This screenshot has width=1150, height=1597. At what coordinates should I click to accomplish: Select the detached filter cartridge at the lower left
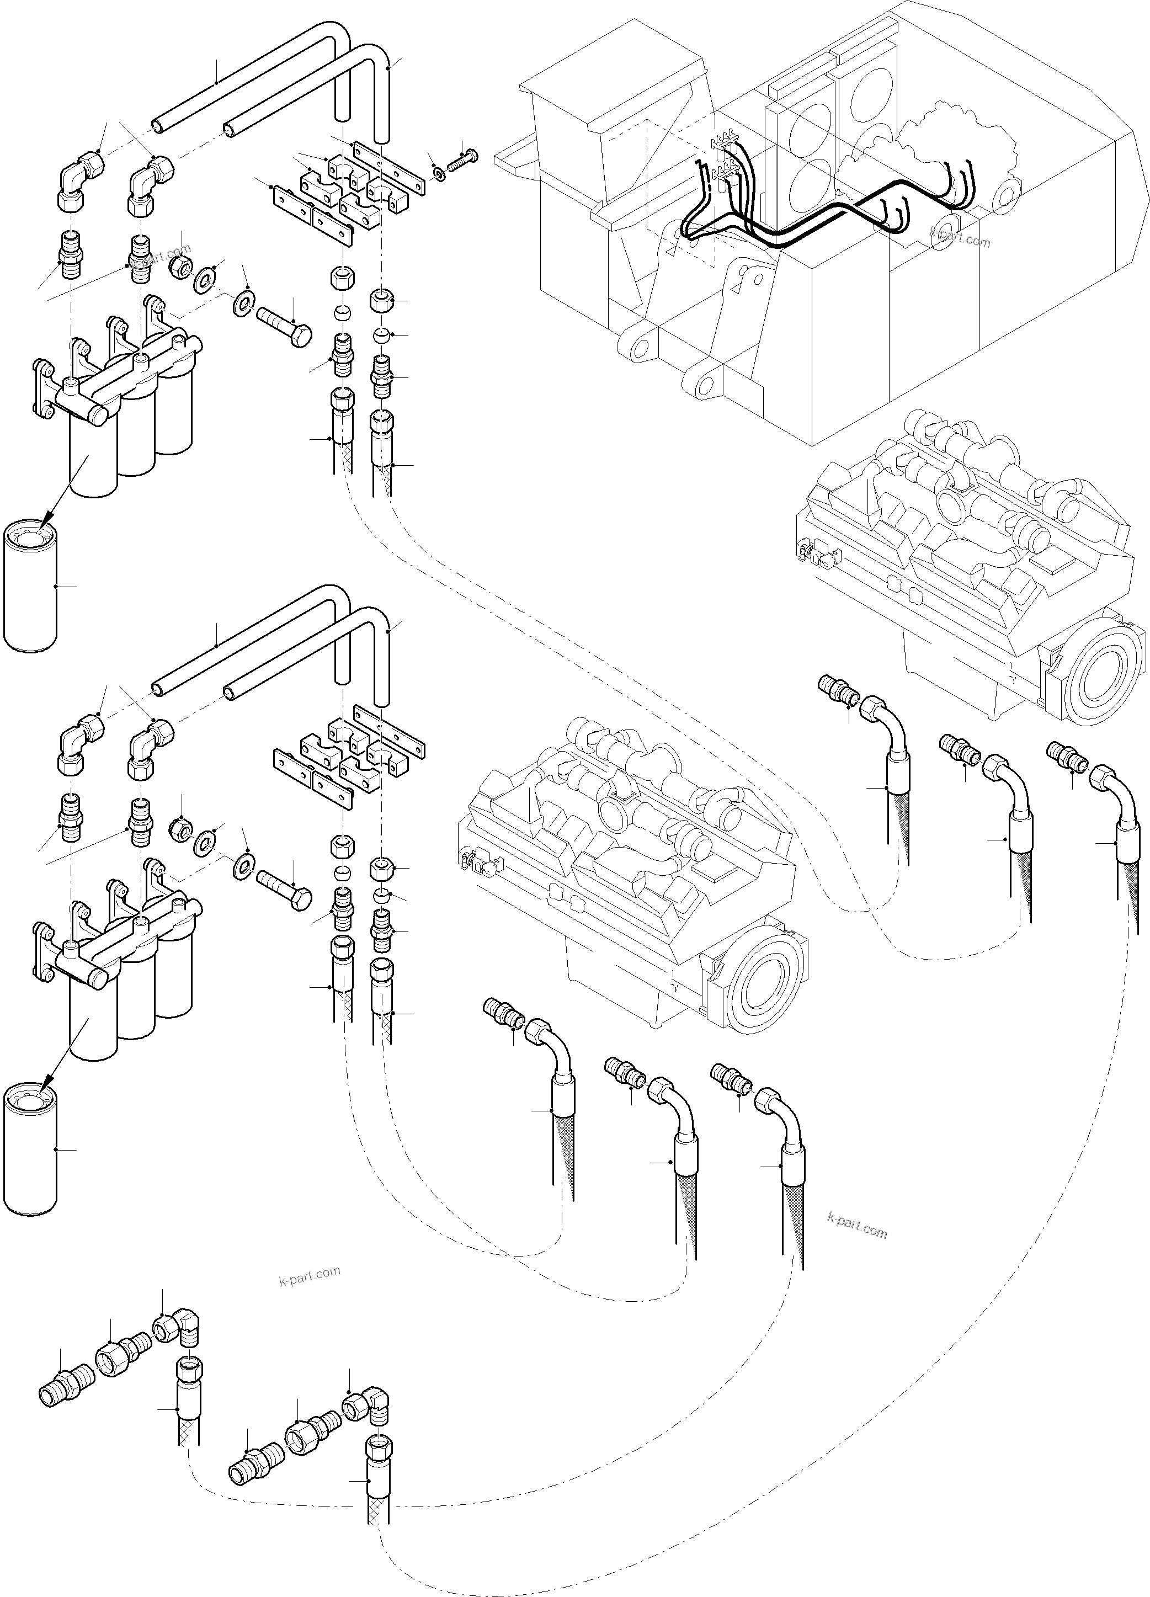click(30, 1148)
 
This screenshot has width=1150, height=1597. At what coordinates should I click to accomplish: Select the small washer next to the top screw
click(439, 173)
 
